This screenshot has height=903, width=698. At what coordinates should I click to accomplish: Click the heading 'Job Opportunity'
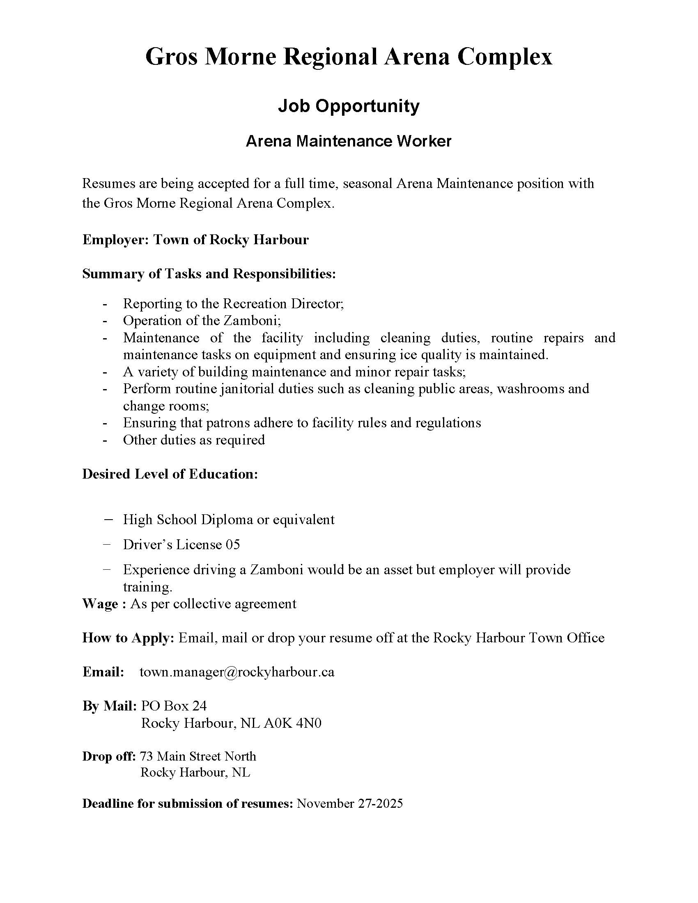tap(349, 106)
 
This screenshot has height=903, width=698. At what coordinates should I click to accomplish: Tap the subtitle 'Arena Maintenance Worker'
tap(349, 142)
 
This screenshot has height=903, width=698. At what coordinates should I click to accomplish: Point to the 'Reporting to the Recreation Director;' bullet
tap(233, 303)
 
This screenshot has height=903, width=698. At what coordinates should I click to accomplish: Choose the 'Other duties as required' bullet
tap(194, 440)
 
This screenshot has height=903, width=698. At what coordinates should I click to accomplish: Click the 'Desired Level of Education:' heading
tap(170, 474)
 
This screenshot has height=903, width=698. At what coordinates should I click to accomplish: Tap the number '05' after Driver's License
tap(233, 545)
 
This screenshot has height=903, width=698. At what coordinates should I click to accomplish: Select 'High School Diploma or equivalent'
tap(229, 519)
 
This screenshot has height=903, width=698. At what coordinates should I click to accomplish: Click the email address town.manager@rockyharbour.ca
tap(237, 672)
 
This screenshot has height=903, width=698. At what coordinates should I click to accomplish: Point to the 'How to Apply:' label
tap(128, 637)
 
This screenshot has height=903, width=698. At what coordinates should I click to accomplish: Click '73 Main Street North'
tap(198, 756)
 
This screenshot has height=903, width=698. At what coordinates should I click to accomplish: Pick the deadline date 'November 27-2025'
tap(350, 803)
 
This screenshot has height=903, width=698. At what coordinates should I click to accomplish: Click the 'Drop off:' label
tap(109, 756)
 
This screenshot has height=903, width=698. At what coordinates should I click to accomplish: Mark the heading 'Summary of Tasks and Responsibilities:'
tap(209, 274)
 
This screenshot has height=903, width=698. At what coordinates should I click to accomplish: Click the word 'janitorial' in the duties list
tap(247, 389)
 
